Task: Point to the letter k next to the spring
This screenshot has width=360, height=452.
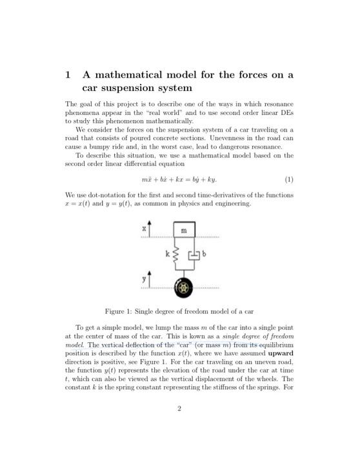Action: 166,256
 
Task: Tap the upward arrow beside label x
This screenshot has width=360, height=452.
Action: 150,231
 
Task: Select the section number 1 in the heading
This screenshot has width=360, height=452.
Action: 68,75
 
